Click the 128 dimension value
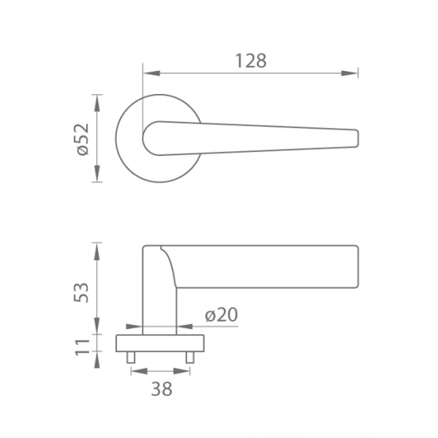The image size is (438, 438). pyautogui.click(x=251, y=61)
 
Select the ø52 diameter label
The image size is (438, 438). pyautogui.click(x=83, y=139)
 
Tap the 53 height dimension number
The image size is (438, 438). pyautogui.click(x=81, y=292)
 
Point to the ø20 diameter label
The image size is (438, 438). pyautogui.click(x=221, y=315)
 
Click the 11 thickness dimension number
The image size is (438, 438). pyautogui.click(x=83, y=347)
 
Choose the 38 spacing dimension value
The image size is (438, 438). pyautogui.click(x=162, y=389)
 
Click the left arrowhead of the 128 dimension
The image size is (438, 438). pyautogui.click(x=152, y=73)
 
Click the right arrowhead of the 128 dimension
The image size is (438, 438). pyautogui.click(x=349, y=73)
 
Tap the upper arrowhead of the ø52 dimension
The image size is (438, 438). pyautogui.click(x=97, y=104)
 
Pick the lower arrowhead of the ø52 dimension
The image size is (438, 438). pyautogui.click(x=97, y=173)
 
